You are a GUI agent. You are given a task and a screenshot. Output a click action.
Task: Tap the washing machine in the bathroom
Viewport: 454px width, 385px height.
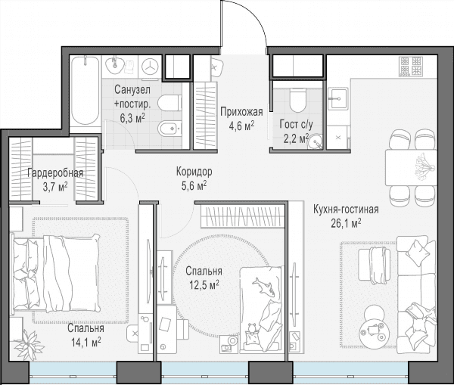(x=151, y=67)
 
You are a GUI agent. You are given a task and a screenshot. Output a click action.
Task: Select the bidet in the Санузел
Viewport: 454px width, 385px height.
(x=170, y=129)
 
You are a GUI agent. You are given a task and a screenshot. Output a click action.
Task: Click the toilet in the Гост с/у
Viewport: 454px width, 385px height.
(x=297, y=100)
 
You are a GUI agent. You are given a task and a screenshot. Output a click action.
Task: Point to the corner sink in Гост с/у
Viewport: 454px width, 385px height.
(x=315, y=142)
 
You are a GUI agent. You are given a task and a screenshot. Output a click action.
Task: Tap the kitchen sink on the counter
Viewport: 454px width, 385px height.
(x=337, y=99)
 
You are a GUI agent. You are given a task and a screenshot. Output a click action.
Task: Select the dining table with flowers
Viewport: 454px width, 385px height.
(x=411, y=168)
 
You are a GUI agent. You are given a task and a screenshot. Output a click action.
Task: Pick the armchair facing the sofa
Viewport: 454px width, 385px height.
(x=372, y=265)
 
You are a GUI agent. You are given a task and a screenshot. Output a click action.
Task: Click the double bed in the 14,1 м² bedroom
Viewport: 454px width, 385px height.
(x=55, y=274)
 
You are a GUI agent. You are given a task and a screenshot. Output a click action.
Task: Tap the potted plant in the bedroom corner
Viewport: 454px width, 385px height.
(x=29, y=344)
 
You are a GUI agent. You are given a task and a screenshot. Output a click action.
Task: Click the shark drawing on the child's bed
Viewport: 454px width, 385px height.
(x=264, y=286)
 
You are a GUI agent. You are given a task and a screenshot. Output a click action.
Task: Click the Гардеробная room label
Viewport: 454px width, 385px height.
(x=55, y=173)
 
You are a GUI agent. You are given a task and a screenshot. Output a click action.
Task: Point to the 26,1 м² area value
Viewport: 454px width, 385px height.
(x=346, y=223)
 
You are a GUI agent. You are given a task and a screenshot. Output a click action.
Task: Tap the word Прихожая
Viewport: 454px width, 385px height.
(x=242, y=112)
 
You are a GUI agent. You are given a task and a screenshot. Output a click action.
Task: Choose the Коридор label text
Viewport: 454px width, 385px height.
(x=194, y=172)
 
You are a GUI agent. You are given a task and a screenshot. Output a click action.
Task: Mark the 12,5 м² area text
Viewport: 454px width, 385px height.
(x=204, y=285)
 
